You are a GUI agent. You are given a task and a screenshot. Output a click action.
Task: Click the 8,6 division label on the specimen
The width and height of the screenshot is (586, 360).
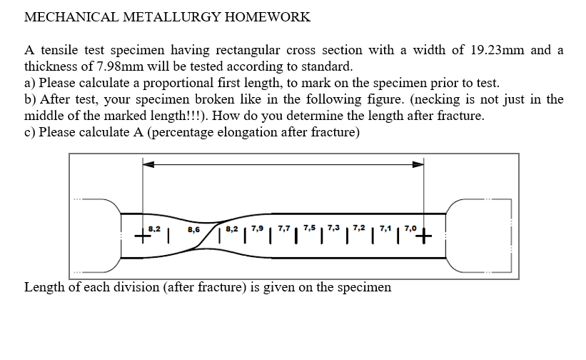pyautogui.click(x=193, y=229)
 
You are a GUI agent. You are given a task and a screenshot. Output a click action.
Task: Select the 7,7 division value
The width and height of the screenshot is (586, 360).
pyautogui.click(x=283, y=229)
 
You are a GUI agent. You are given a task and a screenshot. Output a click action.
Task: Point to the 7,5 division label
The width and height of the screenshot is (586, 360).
pyautogui.click(x=309, y=229)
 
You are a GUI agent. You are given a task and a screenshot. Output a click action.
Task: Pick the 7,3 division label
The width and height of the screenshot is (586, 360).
pyautogui.click(x=334, y=229)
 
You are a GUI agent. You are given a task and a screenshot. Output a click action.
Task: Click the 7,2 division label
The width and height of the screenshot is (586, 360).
pyautogui.click(x=359, y=229)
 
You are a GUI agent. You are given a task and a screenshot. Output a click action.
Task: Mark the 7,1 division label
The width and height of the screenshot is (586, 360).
pyautogui.click(x=385, y=229)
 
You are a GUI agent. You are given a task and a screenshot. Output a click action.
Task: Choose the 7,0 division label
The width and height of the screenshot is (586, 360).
pyautogui.click(x=409, y=229)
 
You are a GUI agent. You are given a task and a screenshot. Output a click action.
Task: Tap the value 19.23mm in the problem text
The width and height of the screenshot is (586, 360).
pyautogui.click(x=499, y=50)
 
